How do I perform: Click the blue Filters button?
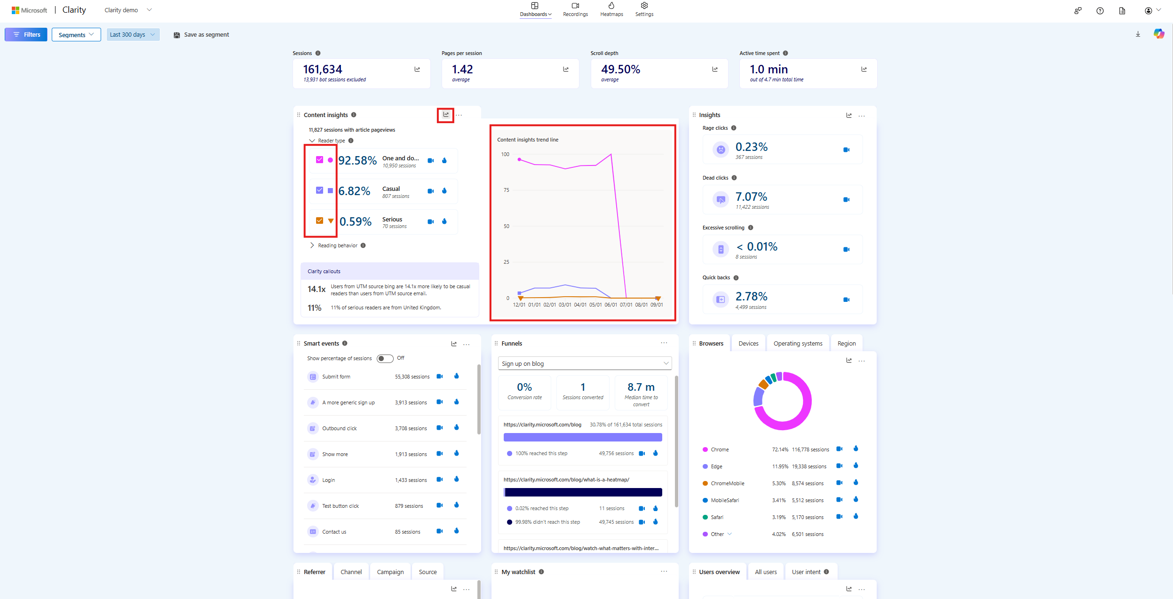pos(26,34)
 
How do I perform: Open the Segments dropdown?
pos(76,35)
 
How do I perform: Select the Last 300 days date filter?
pos(133,34)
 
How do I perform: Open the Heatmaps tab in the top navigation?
pos(611,9)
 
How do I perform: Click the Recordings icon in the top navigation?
pos(575,6)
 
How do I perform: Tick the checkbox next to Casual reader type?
pos(319,190)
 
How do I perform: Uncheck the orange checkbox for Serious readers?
pos(319,221)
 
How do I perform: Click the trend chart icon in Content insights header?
pos(445,115)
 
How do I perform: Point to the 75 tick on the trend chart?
pos(506,190)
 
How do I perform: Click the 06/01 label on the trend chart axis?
pos(610,305)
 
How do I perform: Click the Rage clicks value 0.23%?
pos(751,147)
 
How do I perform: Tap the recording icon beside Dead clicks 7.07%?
pos(846,200)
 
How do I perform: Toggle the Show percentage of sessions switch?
pos(385,359)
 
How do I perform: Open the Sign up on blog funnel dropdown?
pos(585,363)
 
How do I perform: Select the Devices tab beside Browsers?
pos(748,344)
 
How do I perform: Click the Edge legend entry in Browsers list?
pos(716,466)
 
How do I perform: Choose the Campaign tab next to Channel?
pos(390,572)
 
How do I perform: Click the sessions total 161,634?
pos(323,70)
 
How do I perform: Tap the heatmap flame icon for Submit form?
pos(456,376)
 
